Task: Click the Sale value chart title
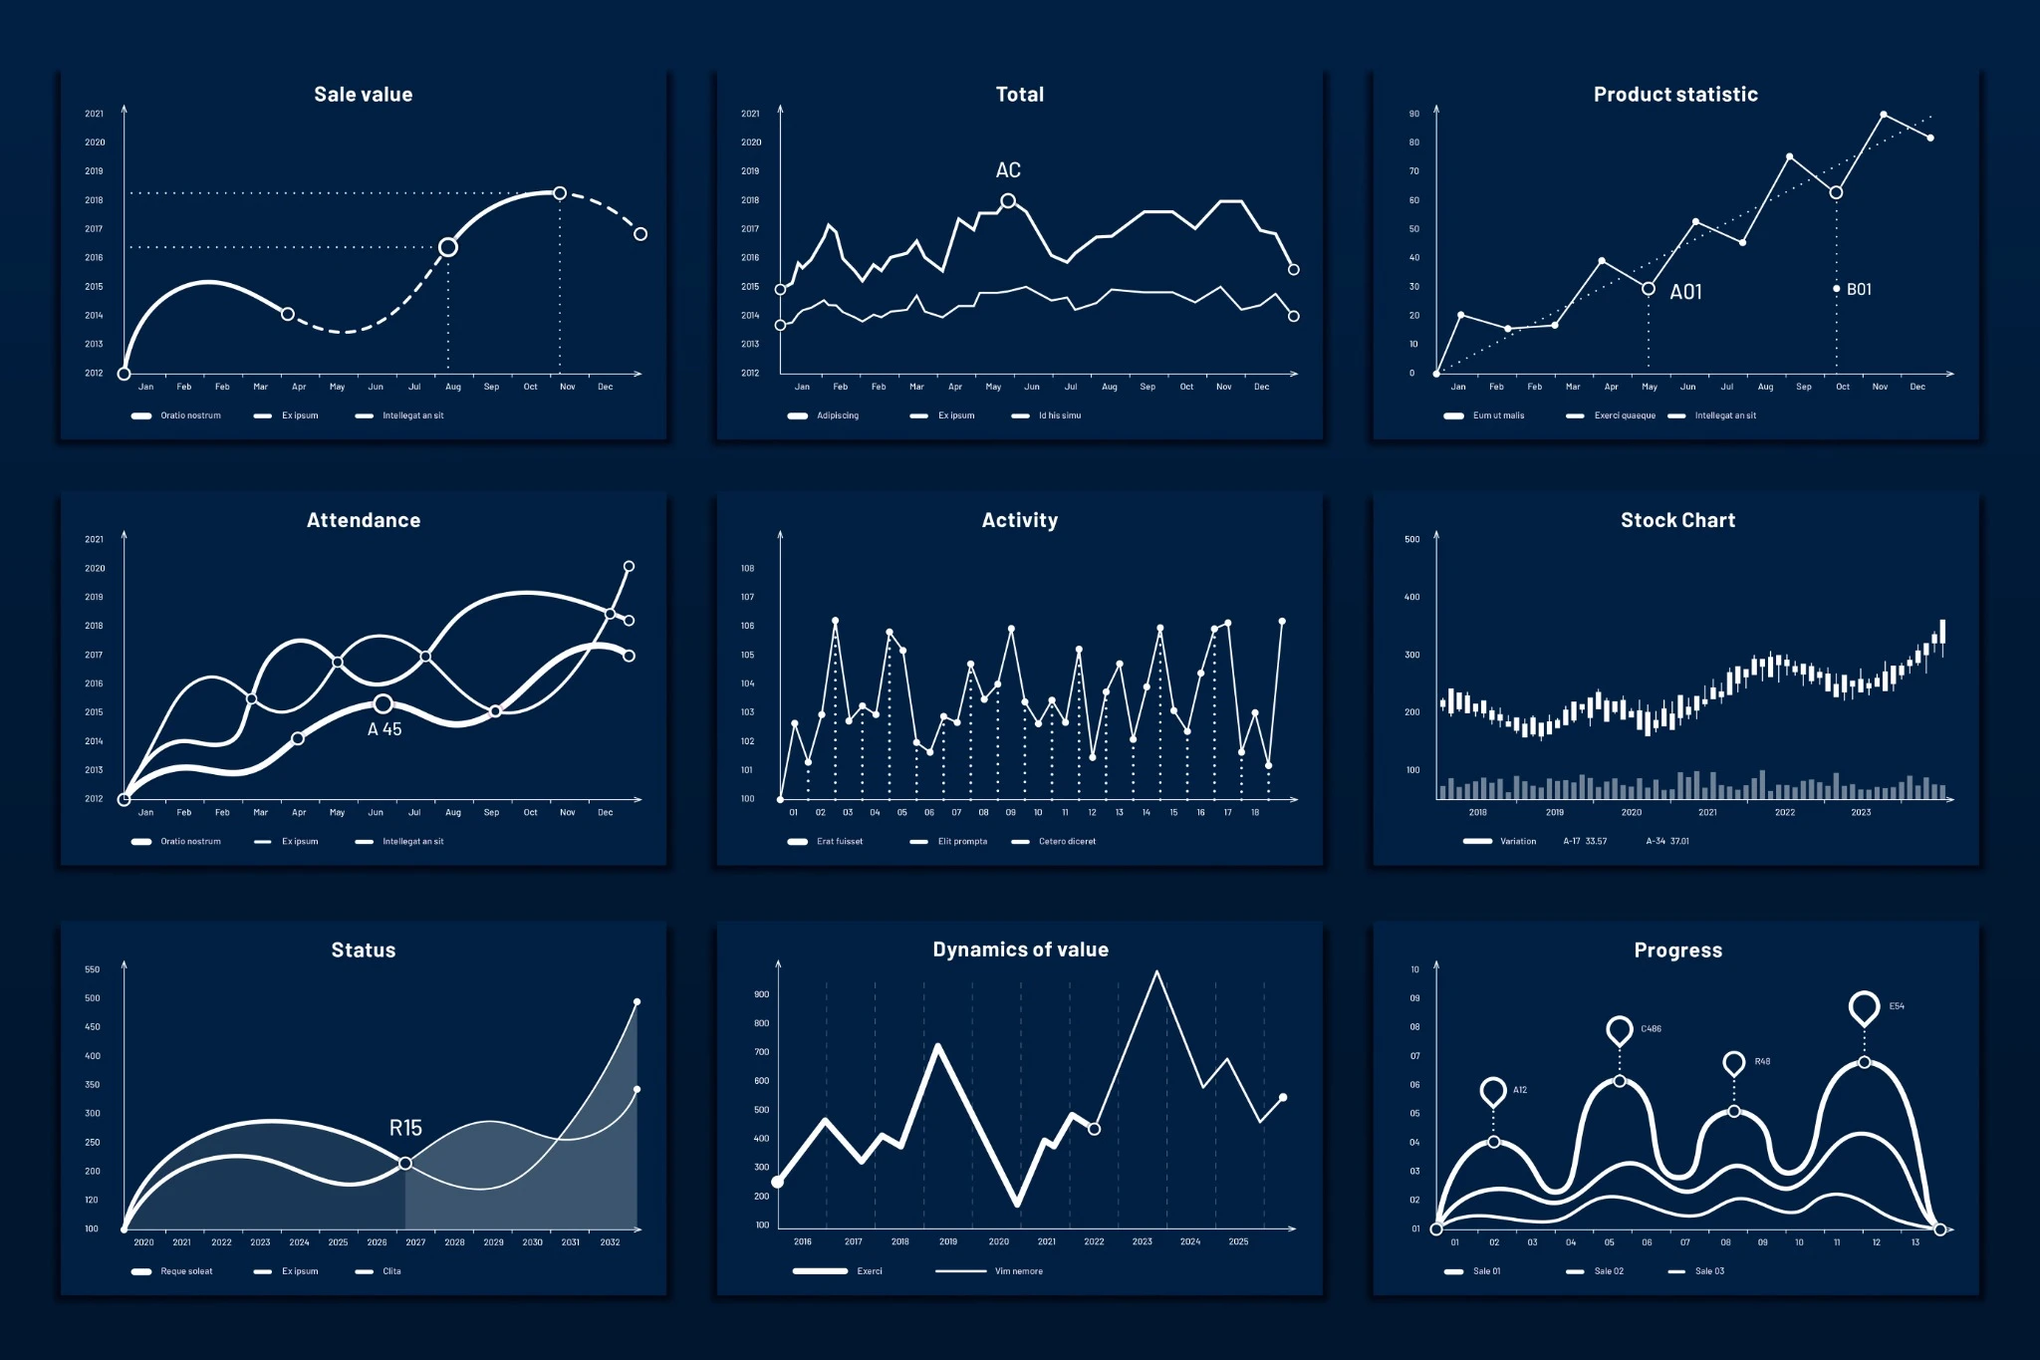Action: [363, 95]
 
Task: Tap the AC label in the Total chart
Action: [1008, 170]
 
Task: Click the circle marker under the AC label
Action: [1008, 201]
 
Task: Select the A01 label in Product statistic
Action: [1685, 292]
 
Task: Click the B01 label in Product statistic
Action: [1859, 290]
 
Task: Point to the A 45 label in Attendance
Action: [384, 729]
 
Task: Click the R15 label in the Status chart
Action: [405, 1128]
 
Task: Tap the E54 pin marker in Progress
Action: [1864, 1007]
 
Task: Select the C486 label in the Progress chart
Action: [1651, 1029]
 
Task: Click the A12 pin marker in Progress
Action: [1492, 1091]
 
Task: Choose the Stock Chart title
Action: [1677, 520]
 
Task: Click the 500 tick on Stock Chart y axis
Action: [1411, 540]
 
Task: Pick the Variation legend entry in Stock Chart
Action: [1517, 842]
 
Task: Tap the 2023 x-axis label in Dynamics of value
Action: [1142, 1242]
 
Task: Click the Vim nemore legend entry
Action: [1018, 1271]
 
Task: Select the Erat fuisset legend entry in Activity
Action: [839, 842]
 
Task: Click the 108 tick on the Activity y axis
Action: [747, 569]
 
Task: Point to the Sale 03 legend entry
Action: [1708, 1271]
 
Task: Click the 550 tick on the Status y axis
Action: [92, 969]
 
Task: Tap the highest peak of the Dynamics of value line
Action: [1156, 971]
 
